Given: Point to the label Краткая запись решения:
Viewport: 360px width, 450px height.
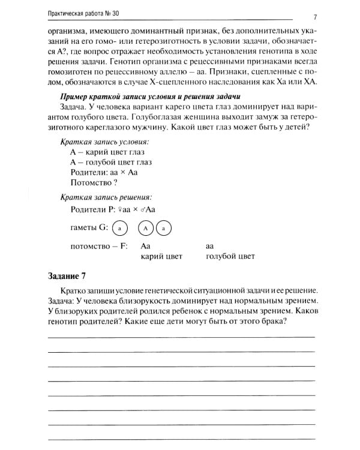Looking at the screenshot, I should coord(106,196).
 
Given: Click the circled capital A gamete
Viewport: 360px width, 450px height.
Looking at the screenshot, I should coord(146,229).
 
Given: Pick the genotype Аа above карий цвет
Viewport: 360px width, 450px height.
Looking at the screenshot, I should coord(146,246).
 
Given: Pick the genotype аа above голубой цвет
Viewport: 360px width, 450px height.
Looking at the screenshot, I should coord(210,246).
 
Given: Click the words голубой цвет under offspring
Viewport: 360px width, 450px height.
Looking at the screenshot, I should coord(230,256).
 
